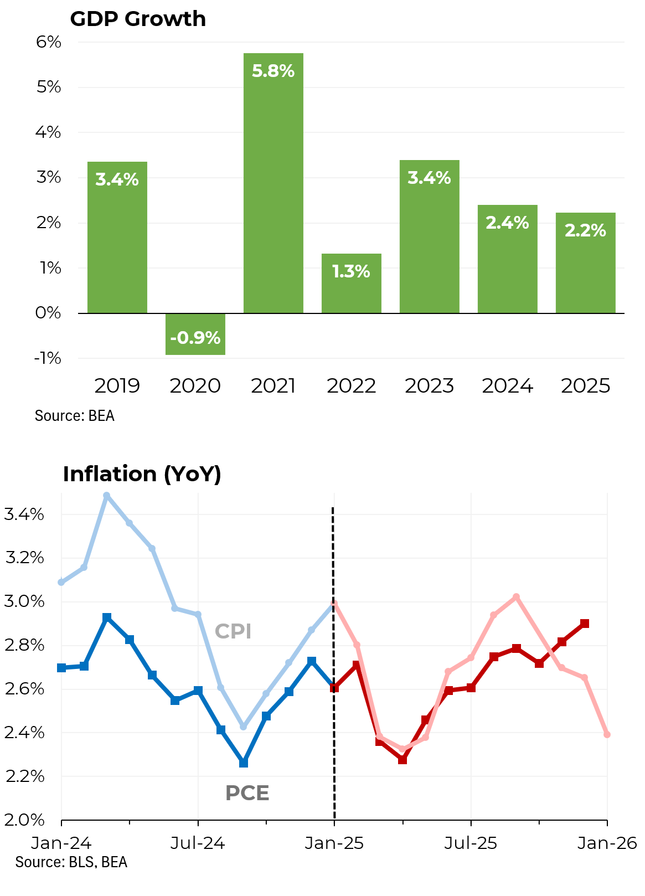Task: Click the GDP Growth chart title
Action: (x=138, y=19)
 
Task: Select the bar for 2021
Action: (x=273, y=183)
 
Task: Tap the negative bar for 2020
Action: (x=195, y=334)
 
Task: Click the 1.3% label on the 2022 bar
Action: (x=351, y=271)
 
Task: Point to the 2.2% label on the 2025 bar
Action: (x=585, y=230)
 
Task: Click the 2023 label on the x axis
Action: (x=429, y=386)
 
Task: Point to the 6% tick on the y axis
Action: (x=49, y=42)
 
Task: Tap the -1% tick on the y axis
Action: (x=48, y=358)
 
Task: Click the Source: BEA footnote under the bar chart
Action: (x=74, y=415)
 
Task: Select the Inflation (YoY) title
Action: (x=142, y=474)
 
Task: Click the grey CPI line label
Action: (x=233, y=631)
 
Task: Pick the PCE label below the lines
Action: (x=247, y=793)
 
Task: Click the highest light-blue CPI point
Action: (x=107, y=496)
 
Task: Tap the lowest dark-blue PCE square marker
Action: (x=244, y=763)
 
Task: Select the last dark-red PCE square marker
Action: (x=585, y=624)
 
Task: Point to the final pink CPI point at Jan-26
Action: (x=607, y=734)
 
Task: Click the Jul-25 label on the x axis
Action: (x=471, y=843)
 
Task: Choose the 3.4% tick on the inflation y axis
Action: (x=24, y=514)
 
